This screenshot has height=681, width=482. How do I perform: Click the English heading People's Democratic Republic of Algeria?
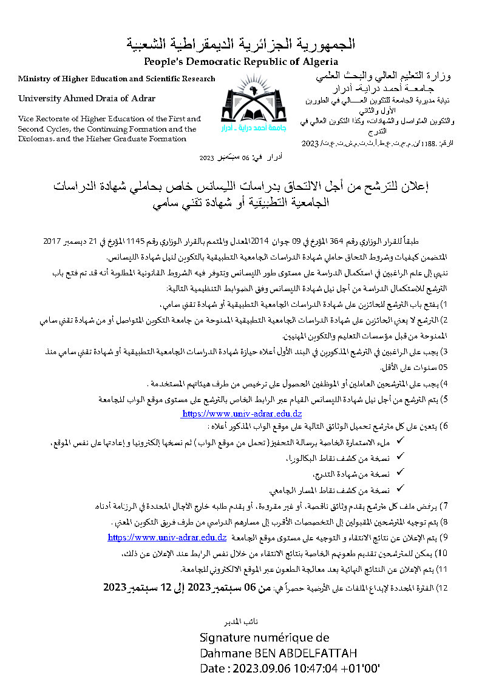coord(241,62)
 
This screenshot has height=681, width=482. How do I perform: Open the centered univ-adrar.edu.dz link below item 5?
coord(241,414)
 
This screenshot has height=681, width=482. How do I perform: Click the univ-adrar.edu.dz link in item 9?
coord(167,537)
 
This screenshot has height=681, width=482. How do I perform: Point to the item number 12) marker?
coord(442,588)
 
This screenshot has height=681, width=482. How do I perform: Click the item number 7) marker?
coord(443,505)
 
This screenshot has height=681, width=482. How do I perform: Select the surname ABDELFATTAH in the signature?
coord(316,653)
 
